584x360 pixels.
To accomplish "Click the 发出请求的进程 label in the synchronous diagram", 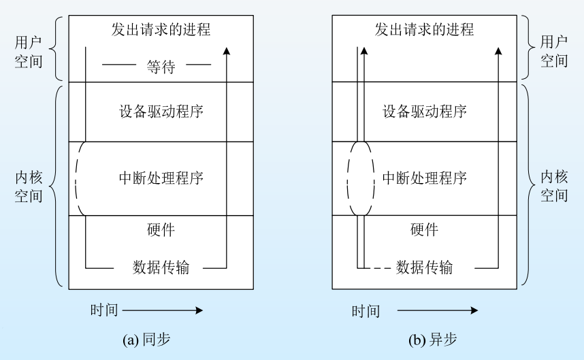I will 161,29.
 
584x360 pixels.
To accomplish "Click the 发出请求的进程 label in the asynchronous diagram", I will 424,29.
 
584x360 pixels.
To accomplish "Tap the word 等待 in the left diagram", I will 161,67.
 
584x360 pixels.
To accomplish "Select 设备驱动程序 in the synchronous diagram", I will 161,112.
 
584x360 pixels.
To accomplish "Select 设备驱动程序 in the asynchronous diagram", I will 425,112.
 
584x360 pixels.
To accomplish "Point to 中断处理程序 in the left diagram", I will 161,178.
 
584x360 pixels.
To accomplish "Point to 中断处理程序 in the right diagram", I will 425,178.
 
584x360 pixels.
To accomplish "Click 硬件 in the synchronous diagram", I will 161,229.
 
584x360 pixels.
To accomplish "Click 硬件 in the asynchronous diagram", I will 424,229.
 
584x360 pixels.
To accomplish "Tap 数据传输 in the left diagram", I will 161,267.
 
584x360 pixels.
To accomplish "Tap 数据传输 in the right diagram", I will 424,267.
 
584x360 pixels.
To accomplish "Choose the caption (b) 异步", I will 423,338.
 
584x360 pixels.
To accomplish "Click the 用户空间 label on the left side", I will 28,51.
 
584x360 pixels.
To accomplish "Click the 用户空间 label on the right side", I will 554,51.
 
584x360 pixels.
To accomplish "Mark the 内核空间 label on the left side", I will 28,186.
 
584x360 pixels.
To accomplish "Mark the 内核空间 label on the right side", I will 554,186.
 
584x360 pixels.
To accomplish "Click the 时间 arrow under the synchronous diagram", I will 162,310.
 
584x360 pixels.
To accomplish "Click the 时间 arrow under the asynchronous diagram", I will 437,310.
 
